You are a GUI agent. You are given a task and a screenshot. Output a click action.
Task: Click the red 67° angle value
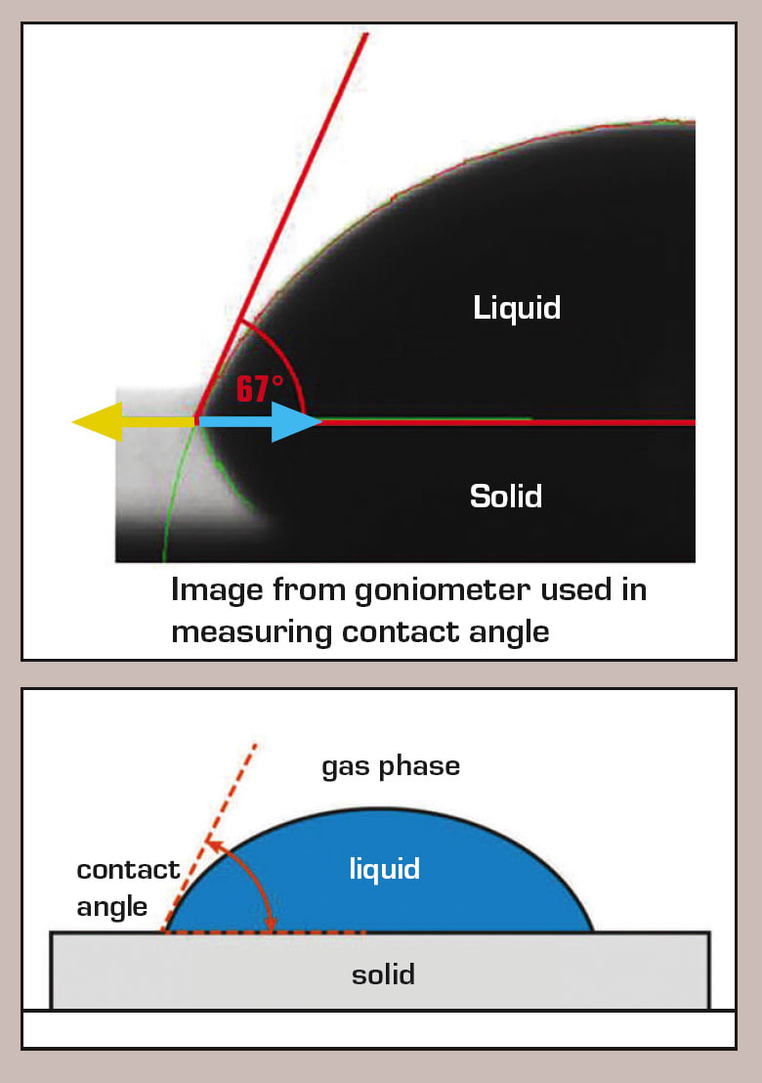(x=259, y=388)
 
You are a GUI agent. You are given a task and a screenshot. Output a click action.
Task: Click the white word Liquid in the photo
(x=517, y=308)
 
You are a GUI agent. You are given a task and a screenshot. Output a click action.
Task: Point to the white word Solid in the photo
(x=505, y=496)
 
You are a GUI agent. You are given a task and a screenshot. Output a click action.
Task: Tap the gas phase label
(x=391, y=765)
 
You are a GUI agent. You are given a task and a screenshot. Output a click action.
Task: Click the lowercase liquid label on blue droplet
(x=385, y=868)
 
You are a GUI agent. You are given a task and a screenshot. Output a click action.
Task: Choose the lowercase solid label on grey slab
(x=383, y=974)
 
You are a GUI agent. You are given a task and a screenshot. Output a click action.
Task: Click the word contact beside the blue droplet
(x=128, y=869)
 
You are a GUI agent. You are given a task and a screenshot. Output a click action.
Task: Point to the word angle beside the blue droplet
(x=112, y=906)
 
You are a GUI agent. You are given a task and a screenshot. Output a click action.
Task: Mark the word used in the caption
(x=557, y=590)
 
